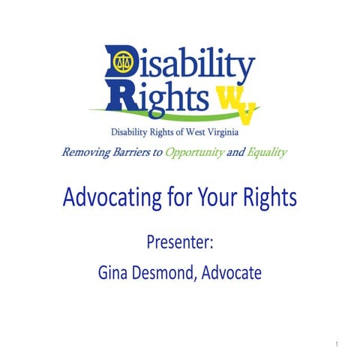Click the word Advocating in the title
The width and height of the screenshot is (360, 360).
[x=111, y=199]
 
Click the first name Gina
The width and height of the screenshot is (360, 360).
[x=115, y=273]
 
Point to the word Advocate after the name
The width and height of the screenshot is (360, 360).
[x=232, y=273]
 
